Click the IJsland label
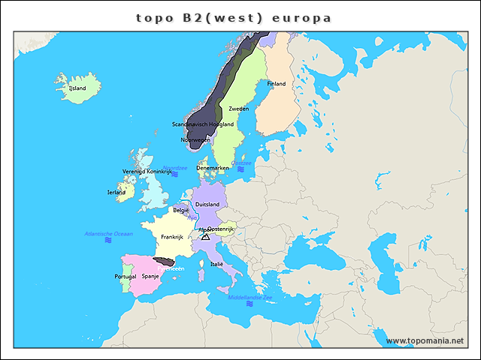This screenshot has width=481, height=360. tap(77, 88)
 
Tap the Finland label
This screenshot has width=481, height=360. tap(276, 84)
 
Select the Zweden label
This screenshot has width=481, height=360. tap(238, 109)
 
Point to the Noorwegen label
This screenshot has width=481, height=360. tap(195, 139)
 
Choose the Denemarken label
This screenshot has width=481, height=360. tap(212, 168)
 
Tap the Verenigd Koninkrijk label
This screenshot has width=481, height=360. tap(147, 172)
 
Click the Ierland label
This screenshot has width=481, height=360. tap(116, 192)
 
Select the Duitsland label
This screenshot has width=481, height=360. tap(207, 204)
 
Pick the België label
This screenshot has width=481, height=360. tap(181, 211)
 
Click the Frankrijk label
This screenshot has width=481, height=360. tap(172, 237)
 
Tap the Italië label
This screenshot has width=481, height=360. tap(217, 264)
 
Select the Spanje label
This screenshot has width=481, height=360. tap(150, 276)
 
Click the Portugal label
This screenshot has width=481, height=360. tap(125, 276)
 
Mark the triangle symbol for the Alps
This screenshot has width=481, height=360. tap(205, 237)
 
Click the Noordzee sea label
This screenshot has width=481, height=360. tap(174, 168)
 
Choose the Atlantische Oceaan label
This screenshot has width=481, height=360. tap(108, 234)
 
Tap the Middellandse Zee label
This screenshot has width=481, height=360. tap(250, 298)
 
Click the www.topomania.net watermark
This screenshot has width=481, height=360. tap(425, 340)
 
